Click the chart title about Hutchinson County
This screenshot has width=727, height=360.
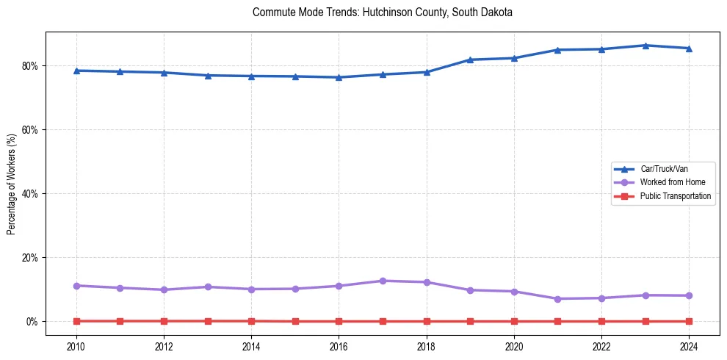(382, 12)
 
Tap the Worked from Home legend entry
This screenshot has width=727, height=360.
(669, 182)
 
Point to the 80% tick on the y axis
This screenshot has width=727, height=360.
(30, 66)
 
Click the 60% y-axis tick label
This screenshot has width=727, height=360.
(30, 130)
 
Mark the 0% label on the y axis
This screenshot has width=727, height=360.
(33, 322)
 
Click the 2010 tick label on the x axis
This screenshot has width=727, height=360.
(76, 345)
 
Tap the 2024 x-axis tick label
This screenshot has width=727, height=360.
(689, 345)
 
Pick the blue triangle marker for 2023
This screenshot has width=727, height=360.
(645, 46)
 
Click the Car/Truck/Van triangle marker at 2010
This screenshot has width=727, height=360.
(76, 71)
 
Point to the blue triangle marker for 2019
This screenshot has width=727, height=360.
(470, 60)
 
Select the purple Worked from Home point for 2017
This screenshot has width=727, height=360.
(383, 281)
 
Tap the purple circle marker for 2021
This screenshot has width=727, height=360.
(557, 299)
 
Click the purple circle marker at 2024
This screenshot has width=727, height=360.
(689, 295)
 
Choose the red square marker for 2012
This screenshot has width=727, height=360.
(164, 321)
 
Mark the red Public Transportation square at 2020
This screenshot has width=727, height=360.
(514, 321)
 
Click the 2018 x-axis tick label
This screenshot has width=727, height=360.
(427, 345)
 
